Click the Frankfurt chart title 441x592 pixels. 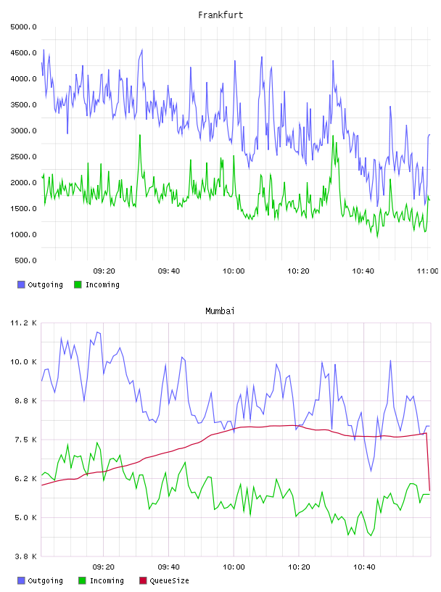[x=220, y=15]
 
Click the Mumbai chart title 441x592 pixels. [x=220, y=311]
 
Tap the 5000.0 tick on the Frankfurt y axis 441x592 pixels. [x=24, y=27]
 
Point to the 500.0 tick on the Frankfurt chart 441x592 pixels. [x=25, y=260]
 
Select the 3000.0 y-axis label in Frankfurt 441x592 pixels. [x=24, y=131]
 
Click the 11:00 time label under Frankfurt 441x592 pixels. [x=428, y=271]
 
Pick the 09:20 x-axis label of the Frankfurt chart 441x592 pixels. [x=104, y=271]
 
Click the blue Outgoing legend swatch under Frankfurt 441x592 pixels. [x=21, y=284]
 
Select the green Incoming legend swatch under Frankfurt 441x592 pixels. [x=78, y=284]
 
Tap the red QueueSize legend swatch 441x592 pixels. [x=143, y=580]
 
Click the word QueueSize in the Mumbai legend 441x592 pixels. [x=169, y=580]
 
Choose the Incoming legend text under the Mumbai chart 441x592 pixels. [x=107, y=580]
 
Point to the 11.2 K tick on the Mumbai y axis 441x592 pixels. [x=24, y=323]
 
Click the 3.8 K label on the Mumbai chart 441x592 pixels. [x=25, y=556]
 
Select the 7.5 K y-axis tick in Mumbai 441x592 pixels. [x=25, y=440]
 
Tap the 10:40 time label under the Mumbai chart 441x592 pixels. [x=364, y=567]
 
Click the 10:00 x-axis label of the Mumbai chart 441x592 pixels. [x=234, y=567]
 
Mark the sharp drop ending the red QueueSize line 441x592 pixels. [x=428, y=462]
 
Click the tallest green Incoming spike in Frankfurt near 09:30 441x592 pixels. [x=140, y=135]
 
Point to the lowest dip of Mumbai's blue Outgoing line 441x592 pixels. [x=371, y=471]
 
